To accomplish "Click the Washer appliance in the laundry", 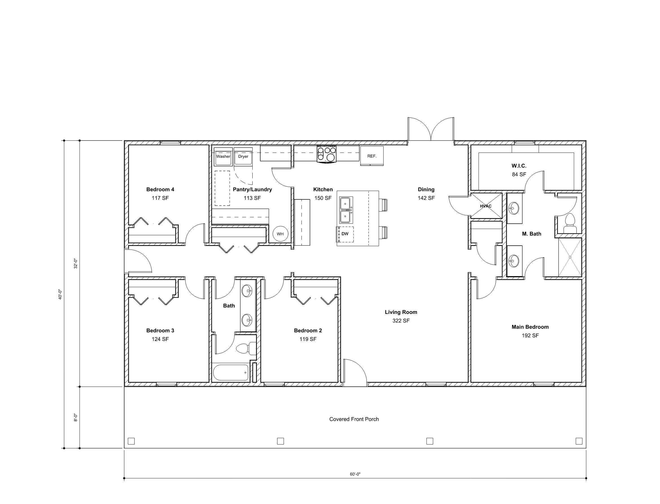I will [223, 157].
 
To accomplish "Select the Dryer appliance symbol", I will [243, 157].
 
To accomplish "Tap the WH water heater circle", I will [280, 234].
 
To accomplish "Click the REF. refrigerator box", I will [372, 156].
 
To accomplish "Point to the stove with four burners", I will [327, 154].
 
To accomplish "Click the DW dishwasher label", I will [345, 234].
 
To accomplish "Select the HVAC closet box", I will [486, 206].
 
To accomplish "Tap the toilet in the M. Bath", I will [570, 223].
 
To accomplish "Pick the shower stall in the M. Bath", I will [570, 257].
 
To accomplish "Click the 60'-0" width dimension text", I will [355, 474].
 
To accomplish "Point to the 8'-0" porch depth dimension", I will [76, 417].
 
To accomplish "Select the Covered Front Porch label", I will [354, 419].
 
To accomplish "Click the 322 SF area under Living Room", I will [401, 321].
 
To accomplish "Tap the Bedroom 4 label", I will [160, 189].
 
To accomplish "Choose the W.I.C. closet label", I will [519, 166].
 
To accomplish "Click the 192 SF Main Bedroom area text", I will [530, 335].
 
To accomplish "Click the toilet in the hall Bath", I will [245, 348].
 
